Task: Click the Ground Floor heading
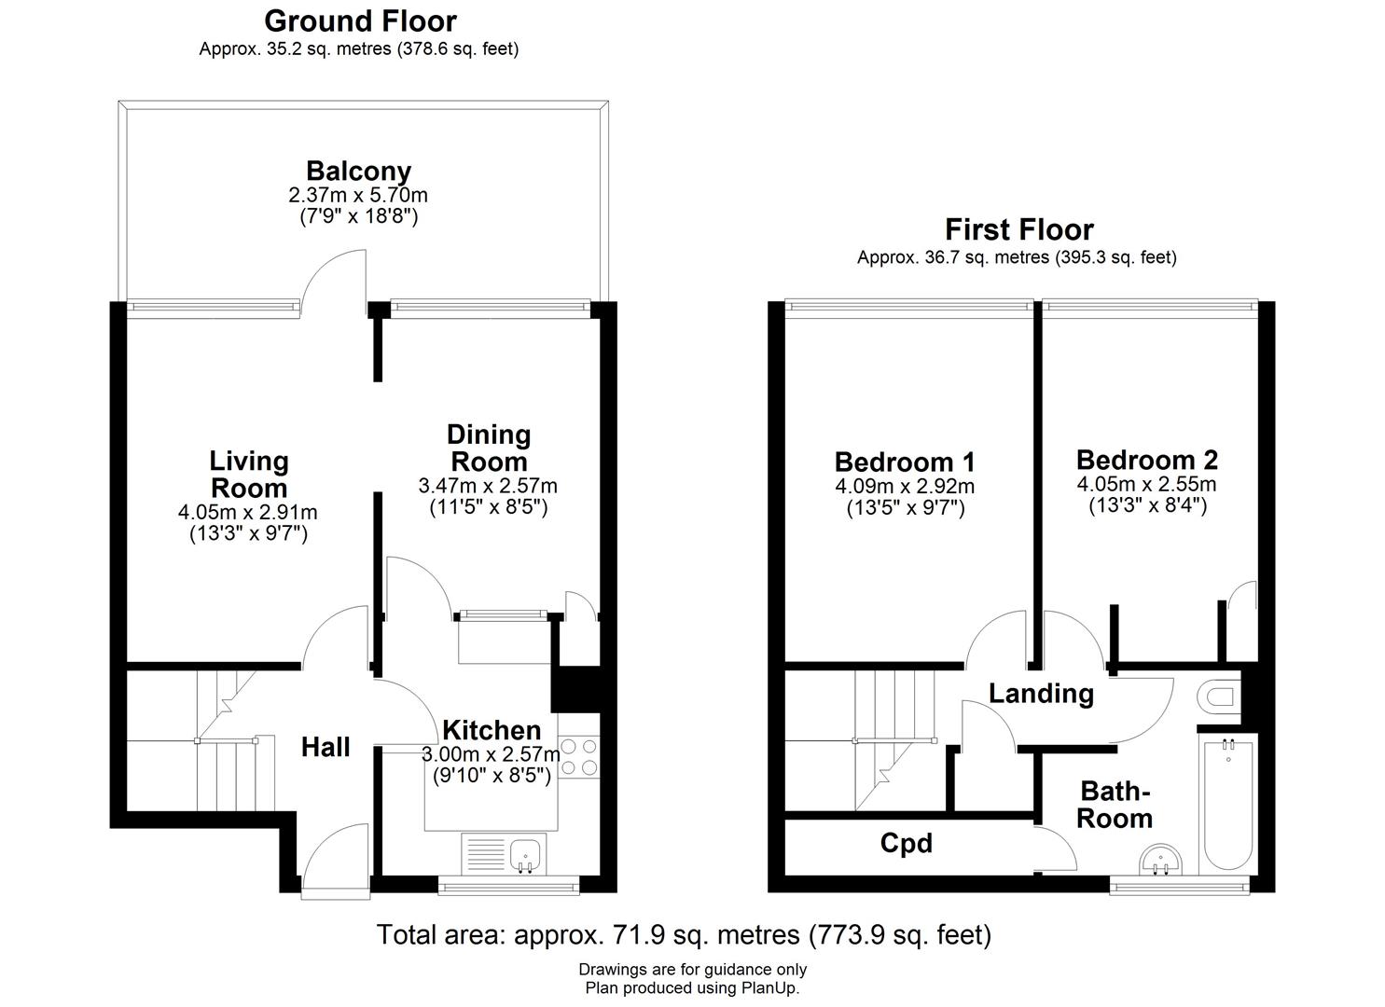click(x=360, y=21)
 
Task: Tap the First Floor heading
click(x=1018, y=229)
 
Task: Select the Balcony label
click(x=358, y=172)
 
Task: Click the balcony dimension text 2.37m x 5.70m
click(x=358, y=195)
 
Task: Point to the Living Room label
click(x=249, y=475)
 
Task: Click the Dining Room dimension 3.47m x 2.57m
click(x=488, y=486)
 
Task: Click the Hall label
click(x=325, y=747)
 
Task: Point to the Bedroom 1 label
click(x=905, y=462)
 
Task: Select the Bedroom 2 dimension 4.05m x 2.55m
click(x=1146, y=484)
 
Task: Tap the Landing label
click(x=1041, y=694)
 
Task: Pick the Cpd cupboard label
click(x=906, y=844)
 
